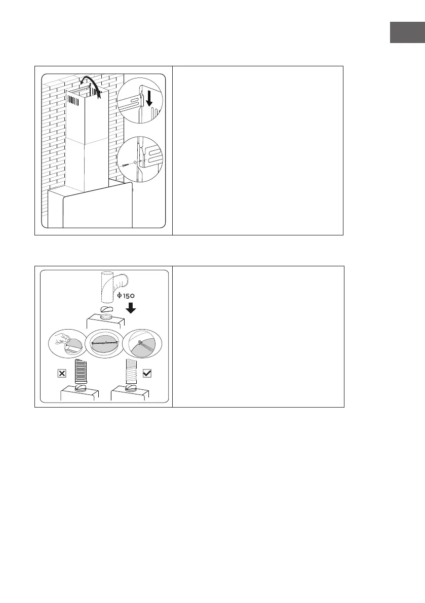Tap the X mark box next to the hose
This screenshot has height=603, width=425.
(62, 374)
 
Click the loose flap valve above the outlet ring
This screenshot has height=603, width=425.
(106, 309)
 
